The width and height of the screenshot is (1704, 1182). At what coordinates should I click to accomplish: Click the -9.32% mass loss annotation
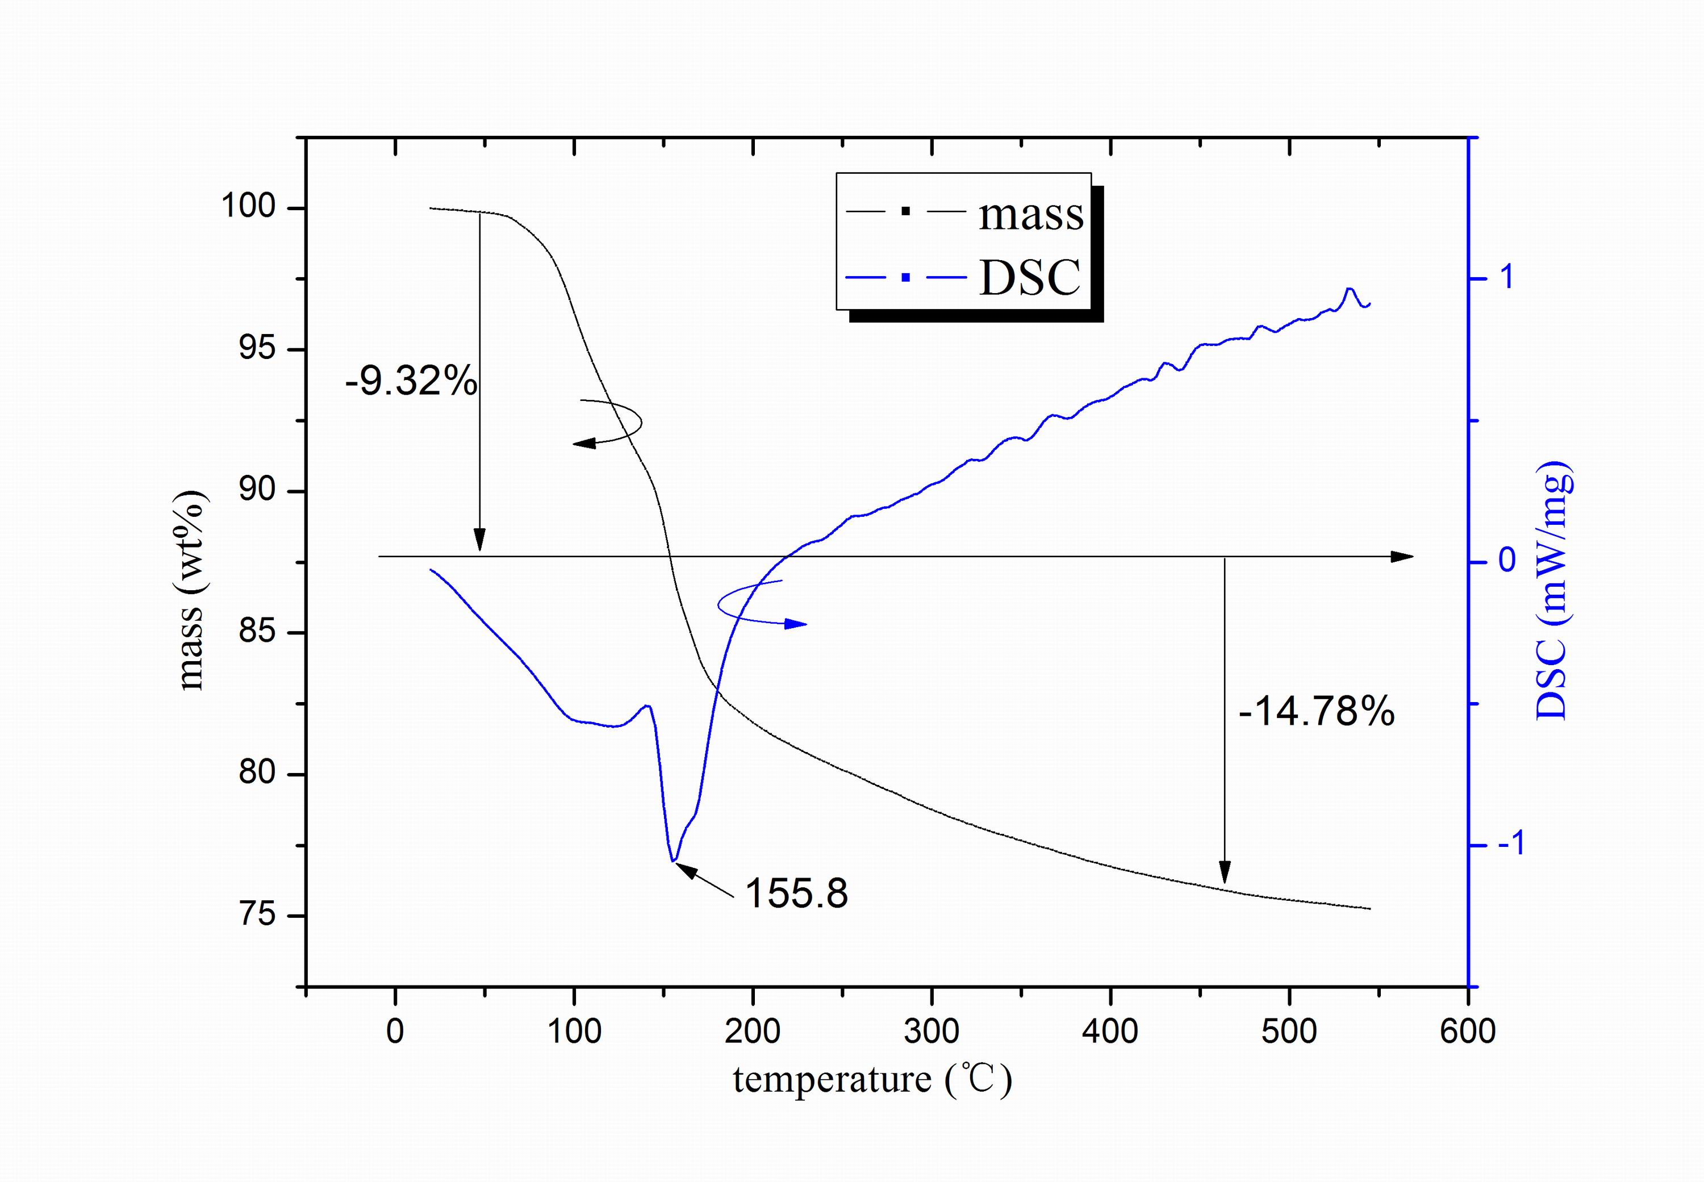[411, 382]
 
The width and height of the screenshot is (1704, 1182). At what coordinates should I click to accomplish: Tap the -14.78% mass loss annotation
[1316, 712]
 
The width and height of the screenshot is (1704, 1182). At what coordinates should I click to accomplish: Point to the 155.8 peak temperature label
[796, 893]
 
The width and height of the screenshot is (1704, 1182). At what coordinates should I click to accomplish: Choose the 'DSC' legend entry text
[1029, 278]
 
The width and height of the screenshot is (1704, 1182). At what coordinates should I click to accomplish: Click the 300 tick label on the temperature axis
[932, 1031]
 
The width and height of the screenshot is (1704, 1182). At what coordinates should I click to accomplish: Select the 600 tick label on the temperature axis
[1467, 1031]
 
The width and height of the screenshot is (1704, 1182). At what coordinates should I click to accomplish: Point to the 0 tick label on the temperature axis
[395, 1031]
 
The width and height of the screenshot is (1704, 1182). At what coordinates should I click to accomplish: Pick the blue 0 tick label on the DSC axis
[1506, 560]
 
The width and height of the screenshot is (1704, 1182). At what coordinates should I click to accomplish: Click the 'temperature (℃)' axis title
[872, 1079]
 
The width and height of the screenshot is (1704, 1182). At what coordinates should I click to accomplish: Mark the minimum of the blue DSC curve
[673, 861]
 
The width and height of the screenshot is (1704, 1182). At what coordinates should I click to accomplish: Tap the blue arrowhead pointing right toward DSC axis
[797, 624]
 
